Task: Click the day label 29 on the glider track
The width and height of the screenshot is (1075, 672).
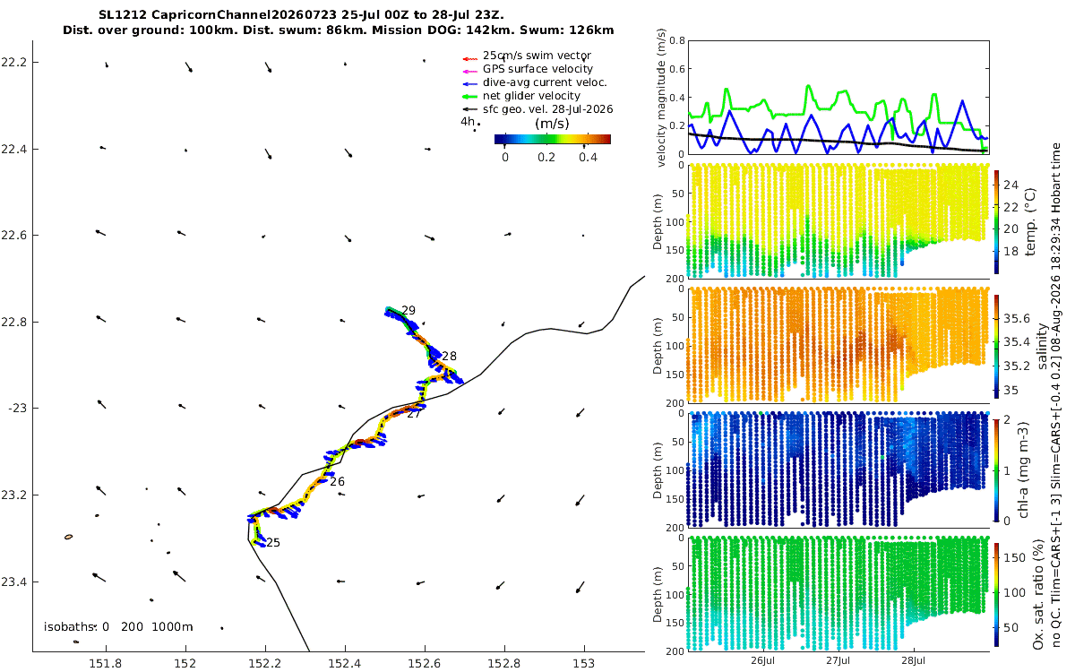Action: pos(408,310)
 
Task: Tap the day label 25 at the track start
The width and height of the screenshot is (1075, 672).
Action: pos(273,542)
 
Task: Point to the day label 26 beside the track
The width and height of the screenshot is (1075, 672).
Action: pos(338,481)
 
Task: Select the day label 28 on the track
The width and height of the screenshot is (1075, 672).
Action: pos(449,357)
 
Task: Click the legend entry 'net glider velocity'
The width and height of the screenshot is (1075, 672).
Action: pos(531,96)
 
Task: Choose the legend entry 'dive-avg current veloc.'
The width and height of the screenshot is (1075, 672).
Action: pos(545,82)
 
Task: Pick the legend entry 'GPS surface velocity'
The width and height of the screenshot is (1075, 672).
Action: pos(537,69)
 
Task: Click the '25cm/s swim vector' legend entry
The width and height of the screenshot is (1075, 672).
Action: pos(537,56)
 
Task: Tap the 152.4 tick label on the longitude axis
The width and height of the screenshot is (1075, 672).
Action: pos(345,663)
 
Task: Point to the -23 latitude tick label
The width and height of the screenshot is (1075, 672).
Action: pos(17,409)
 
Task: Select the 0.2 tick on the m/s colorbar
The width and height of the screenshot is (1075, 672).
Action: pos(546,158)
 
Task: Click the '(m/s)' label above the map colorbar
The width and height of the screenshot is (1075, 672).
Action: pos(552,124)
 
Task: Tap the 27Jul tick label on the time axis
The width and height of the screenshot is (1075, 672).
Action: pos(838,660)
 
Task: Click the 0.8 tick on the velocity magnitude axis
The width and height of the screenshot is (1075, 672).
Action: pos(677,40)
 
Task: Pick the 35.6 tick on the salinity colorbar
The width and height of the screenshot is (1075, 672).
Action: pos(1017,319)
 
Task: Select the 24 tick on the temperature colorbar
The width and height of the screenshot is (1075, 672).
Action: pos(1010,185)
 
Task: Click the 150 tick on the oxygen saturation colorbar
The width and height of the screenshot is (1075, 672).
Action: pos(1014,557)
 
